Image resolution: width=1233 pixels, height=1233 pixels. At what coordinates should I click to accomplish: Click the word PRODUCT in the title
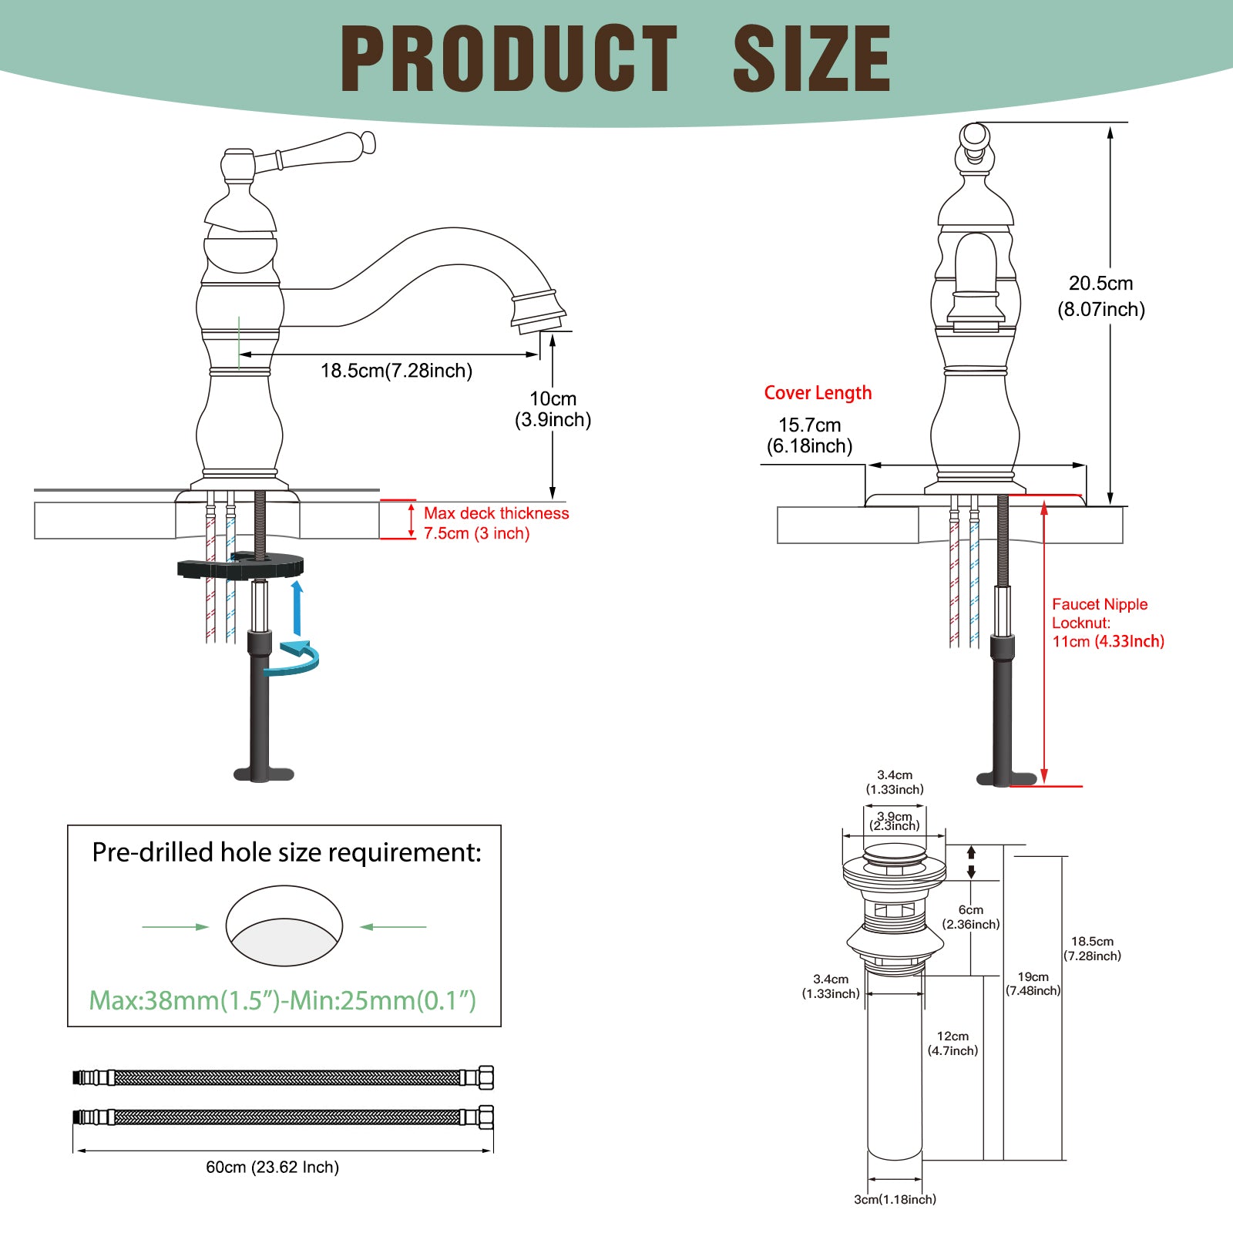(509, 59)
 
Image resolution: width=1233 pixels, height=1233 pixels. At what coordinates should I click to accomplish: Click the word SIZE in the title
(812, 59)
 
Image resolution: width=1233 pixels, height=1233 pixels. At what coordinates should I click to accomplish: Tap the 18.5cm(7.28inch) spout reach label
(396, 371)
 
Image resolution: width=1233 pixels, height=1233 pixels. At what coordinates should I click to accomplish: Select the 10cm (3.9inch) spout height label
(553, 409)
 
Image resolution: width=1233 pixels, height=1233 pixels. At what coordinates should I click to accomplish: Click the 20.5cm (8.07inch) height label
(1101, 296)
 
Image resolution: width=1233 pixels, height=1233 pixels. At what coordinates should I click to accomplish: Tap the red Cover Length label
(818, 393)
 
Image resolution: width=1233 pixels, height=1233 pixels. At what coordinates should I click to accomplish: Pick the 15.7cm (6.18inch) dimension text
(810, 435)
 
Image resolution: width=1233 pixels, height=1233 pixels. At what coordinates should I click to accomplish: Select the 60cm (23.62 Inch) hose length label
(273, 1167)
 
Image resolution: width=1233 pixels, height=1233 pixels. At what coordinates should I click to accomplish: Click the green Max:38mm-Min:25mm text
(283, 1000)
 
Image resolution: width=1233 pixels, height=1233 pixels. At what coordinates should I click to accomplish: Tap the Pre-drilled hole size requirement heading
(287, 852)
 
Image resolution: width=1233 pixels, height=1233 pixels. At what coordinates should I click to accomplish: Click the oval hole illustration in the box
(284, 926)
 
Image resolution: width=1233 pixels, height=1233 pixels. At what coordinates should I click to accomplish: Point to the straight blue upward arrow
(297, 608)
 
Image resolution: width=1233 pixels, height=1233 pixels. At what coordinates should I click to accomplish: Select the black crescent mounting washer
(240, 566)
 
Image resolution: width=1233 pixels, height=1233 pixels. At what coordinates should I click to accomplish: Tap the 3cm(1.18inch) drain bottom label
(895, 1199)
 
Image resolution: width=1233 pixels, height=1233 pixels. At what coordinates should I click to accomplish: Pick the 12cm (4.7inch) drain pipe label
(953, 1043)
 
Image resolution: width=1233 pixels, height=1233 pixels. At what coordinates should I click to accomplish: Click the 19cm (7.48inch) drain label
(1033, 983)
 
